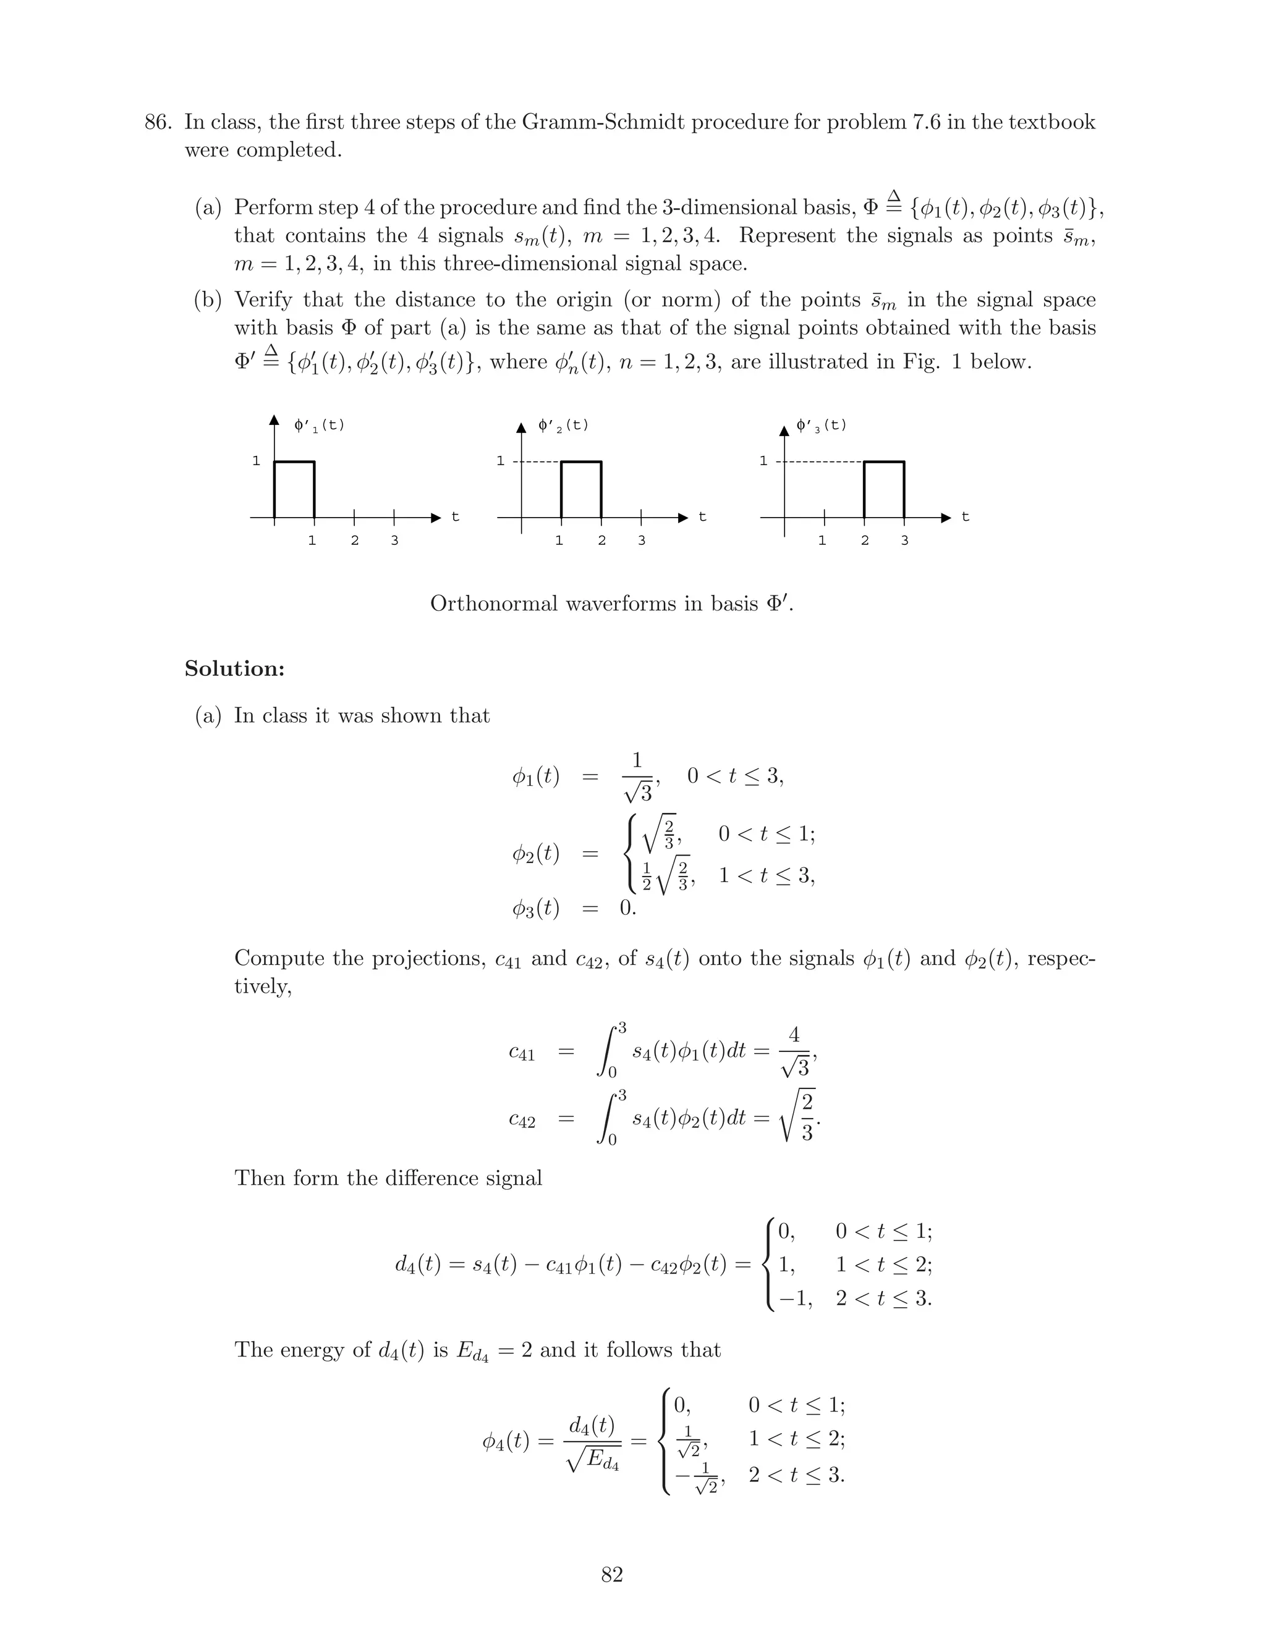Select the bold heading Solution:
click(235, 668)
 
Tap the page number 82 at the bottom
click(612, 1574)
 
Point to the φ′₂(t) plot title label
click(563, 425)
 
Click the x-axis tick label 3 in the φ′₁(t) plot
click(394, 541)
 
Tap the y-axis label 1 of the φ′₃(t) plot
click(763, 461)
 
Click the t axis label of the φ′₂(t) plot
click(702, 517)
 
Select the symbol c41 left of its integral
click(522, 1053)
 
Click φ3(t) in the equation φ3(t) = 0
click(535, 909)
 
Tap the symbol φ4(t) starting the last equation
click(506, 1440)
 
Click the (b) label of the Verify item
click(208, 300)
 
